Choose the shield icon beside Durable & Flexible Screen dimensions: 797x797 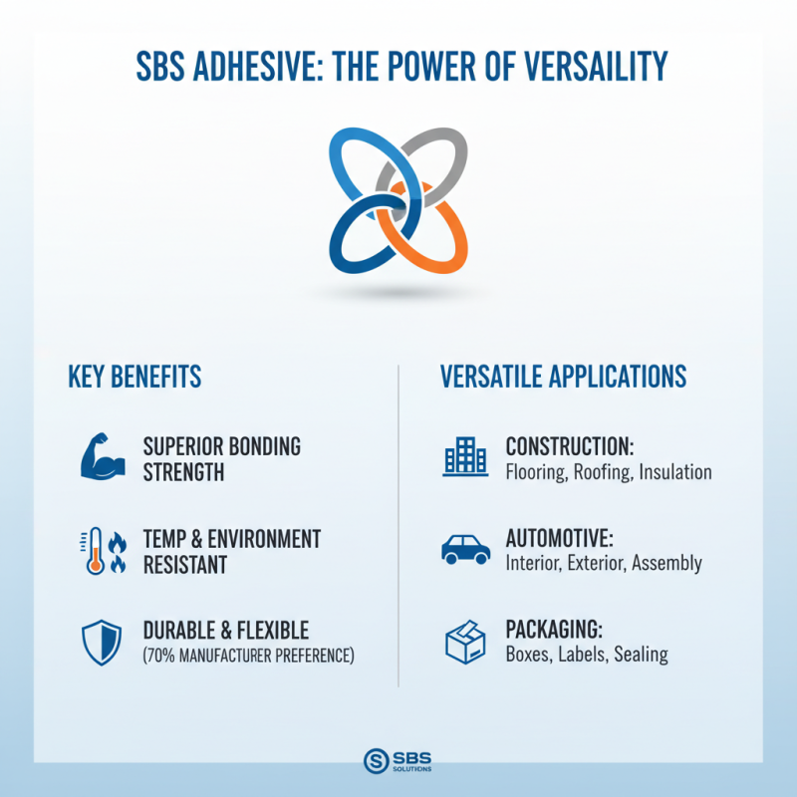[x=101, y=643]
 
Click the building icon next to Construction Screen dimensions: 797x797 [x=464, y=457]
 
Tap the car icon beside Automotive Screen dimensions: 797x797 [x=464, y=550]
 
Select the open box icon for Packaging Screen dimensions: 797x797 [x=464, y=643]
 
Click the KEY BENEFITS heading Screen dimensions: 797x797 [x=134, y=377]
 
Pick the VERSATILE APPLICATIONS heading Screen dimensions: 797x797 [x=563, y=377]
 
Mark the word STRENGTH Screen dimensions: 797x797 [x=183, y=472]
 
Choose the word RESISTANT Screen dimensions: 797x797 [x=185, y=565]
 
